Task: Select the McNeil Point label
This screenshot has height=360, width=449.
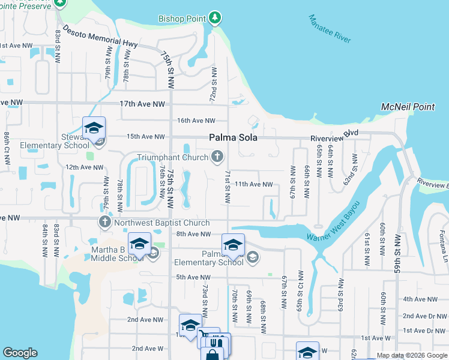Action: [x=408, y=107]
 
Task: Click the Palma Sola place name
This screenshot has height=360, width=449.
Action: [x=234, y=137]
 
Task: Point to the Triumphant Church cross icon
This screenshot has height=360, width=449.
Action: [x=217, y=157]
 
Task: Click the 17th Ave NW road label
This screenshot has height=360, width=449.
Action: [x=142, y=104]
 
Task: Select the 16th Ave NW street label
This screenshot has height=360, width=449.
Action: [x=196, y=121]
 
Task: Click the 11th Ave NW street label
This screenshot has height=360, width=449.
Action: [x=253, y=184]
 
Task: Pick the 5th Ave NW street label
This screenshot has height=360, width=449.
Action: [x=194, y=277]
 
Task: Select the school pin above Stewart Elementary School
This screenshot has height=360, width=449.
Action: [x=94, y=128]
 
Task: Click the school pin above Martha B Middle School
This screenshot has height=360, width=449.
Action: [x=139, y=244]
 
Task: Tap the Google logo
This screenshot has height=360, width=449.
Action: [x=20, y=353]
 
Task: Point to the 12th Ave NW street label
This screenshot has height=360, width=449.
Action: [x=84, y=167]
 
